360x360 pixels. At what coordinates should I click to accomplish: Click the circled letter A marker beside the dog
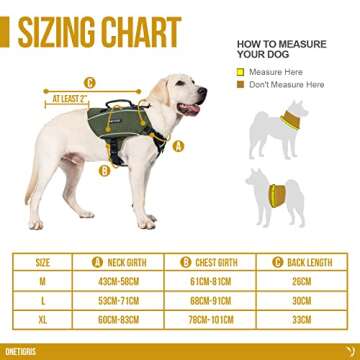click(x=178, y=145)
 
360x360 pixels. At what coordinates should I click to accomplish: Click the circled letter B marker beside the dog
click(x=103, y=170)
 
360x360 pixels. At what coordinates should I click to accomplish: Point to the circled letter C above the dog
click(x=89, y=83)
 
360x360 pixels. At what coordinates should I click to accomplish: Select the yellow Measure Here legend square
click(x=240, y=72)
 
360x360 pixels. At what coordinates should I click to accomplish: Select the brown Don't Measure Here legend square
click(x=240, y=85)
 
